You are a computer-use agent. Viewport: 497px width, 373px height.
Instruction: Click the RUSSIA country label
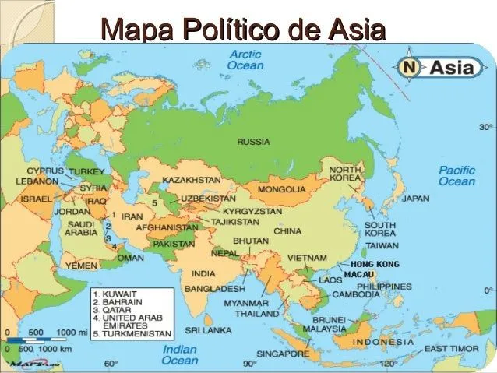(x=253, y=142)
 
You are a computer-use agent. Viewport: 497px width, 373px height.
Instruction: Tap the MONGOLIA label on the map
(x=281, y=189)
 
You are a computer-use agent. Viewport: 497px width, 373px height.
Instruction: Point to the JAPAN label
(x=415, y=199)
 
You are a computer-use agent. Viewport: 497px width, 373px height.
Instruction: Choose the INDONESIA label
(x=383, y=342)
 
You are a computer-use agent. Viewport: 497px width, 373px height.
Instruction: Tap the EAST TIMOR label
(x=457, y=348)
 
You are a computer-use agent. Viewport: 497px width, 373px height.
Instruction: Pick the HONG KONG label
(x=375, y=265)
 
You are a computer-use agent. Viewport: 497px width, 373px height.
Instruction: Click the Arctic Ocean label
(x=245, y=60)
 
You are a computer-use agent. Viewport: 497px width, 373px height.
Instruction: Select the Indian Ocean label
(x=179, y=355)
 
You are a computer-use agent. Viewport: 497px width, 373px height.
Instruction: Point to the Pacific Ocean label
(x=456, y=175)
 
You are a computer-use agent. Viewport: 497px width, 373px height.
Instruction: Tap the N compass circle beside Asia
(x=410, y=68)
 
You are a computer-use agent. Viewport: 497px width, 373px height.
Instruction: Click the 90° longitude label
(x=249, y=364)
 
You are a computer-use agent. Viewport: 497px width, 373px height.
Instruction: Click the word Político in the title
(x=227, y=32)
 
